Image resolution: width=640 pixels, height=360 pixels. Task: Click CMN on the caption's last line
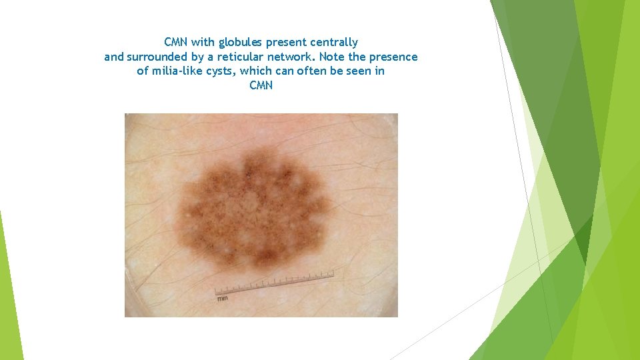pos(261,85)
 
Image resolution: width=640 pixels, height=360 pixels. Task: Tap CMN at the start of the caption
pos(176,43)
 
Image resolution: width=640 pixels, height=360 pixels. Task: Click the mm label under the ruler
pos(221,298)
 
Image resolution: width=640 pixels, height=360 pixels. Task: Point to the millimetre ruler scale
pos(274,283)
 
